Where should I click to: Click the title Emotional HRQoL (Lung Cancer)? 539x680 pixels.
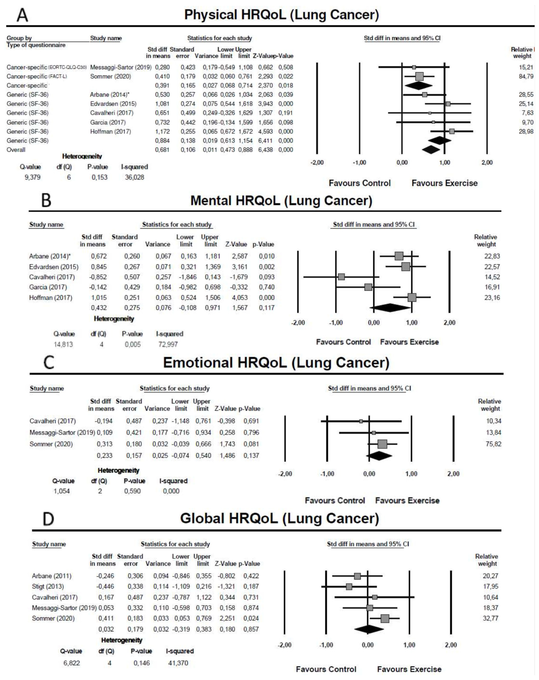(x=276, y=363)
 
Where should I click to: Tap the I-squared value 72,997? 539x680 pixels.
(x=168, y=344)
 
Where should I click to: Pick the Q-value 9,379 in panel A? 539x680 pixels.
(x=33, y=177)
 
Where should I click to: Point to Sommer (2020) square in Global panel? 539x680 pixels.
(x=385, y=618)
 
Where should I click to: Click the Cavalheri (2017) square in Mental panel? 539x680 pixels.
(x=341, y=277)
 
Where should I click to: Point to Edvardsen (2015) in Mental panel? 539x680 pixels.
(x=54, y=267)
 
